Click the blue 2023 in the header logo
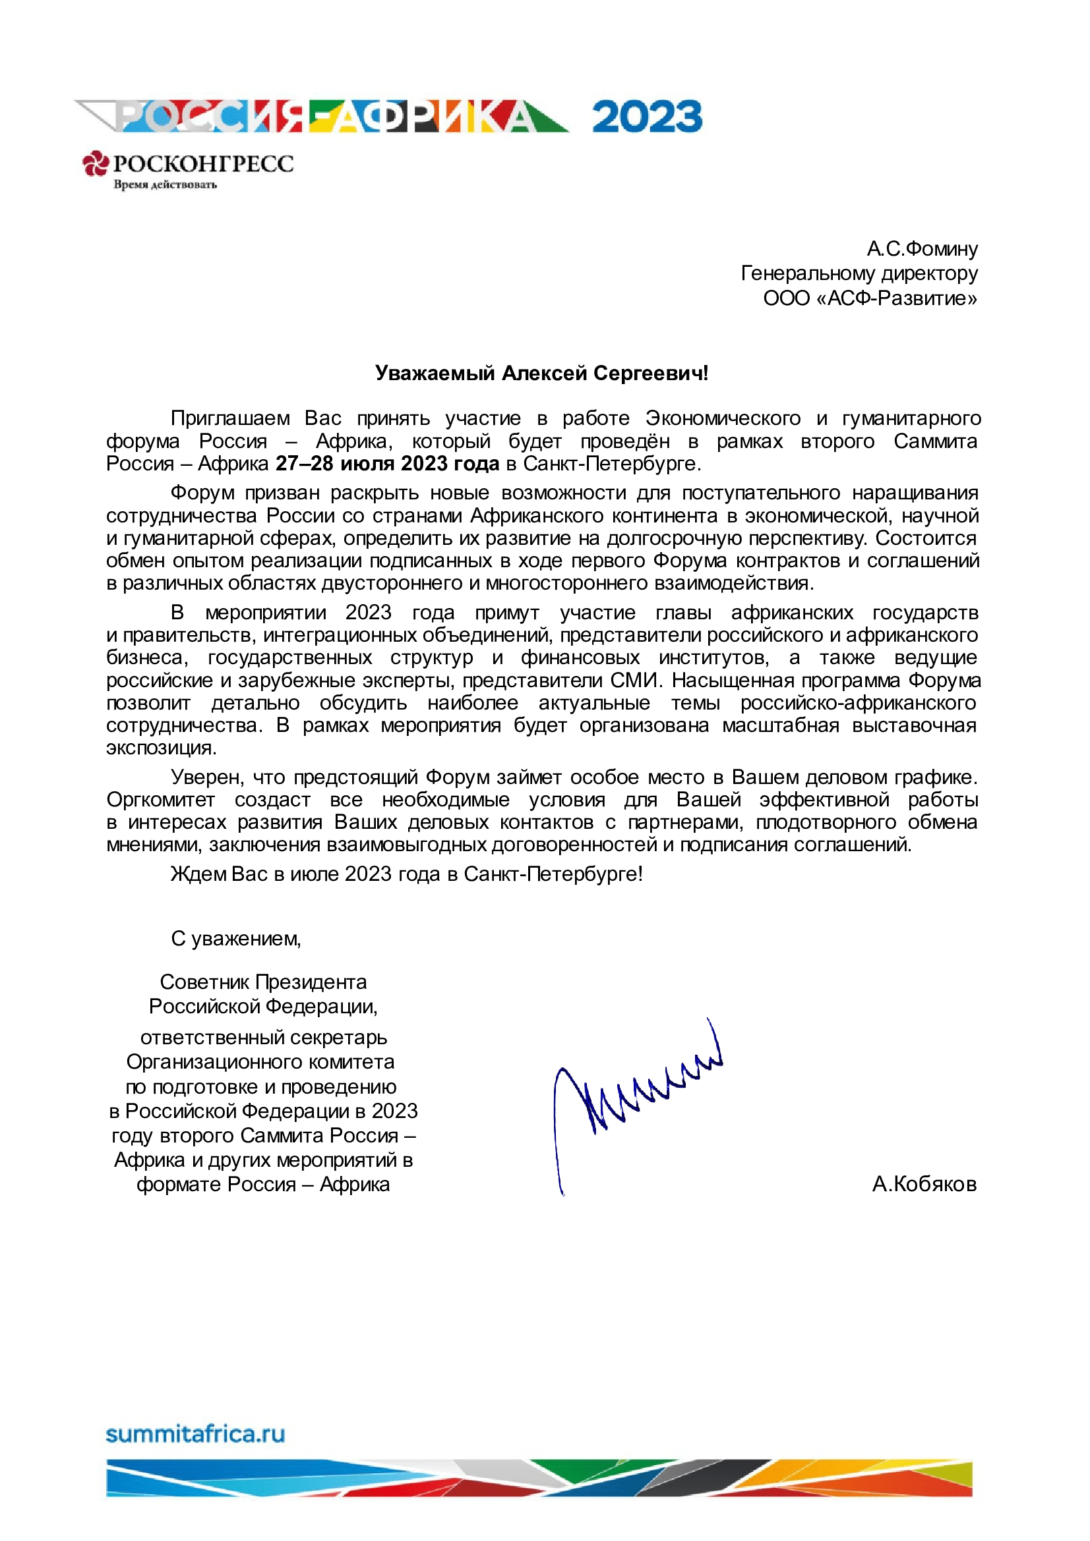[x=647, y=117]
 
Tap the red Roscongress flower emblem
[x=96, y=163]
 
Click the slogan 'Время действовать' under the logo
[x=166, y=184]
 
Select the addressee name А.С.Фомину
[x=921, y=249]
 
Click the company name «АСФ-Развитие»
[x=870, y=298]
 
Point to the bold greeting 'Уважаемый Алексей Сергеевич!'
[x=541, y=373]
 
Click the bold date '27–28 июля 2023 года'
[x=388, y=464]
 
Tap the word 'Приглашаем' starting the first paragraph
[x=229, y=418]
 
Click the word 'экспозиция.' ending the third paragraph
[x=161, y=748]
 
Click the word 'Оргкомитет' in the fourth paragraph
[x=160, y=799]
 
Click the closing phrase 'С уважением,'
[x=235, y=938]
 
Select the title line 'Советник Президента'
[x=263, y=982]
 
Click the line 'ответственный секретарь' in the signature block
[x=263, y=1037]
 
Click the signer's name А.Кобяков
[x=924, y=1184]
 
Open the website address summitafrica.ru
[x=195, y=1434]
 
